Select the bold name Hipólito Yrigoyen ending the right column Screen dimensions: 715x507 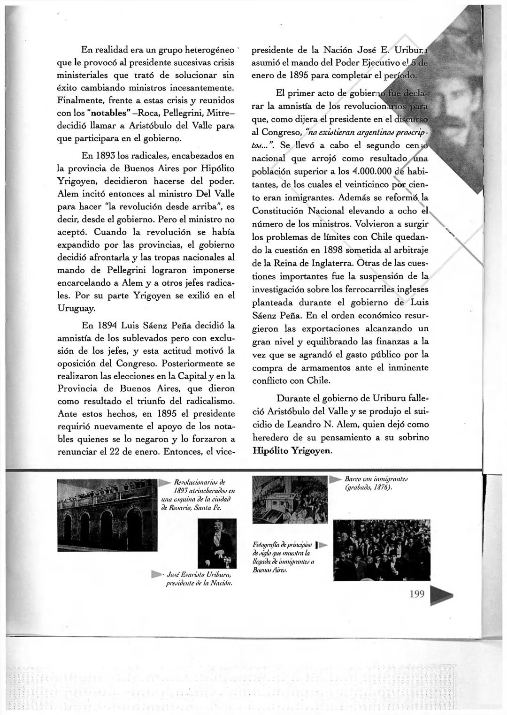coord(292,450)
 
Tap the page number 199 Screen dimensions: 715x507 coord(417,594)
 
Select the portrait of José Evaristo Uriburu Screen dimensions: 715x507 coord(217,542)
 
